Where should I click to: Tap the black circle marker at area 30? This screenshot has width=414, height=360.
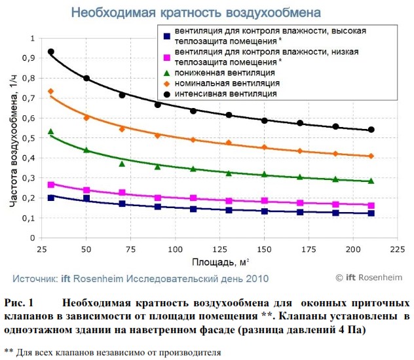(51, 52)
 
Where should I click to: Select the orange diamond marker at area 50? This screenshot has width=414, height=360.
(86, 118)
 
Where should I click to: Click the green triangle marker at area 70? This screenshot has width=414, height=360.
(122, 164)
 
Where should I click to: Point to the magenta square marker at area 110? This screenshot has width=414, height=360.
(193, 198)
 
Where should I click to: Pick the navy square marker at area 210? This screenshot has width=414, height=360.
(371, 213)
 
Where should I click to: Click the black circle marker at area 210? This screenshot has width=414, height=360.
(371, 130)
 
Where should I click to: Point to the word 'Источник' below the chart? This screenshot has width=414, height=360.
(34, 278)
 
